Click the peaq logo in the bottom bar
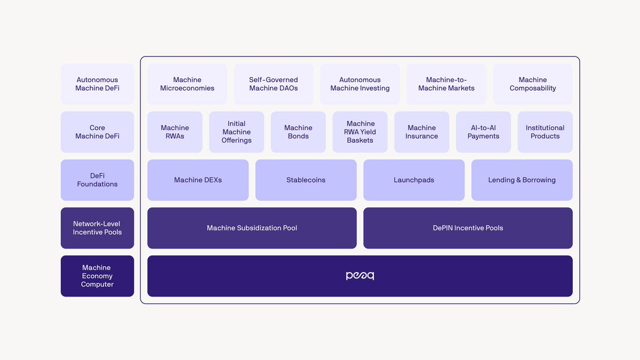click(x=360, y=276)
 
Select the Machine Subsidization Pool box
click(x=252, y=228)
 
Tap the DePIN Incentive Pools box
click(x=468, y=228)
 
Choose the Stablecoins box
click(x=306, y=180)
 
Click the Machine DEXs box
click(x=198, y=180)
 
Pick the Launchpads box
click(x=414, y=180)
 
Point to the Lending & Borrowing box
click(x=522, y=180)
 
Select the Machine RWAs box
click(x=175, y=132)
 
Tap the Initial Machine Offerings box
click(x=236, y=132)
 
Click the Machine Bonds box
click(x=298, y=132)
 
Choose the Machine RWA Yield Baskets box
click(x=360, y=132)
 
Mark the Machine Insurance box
click(x=422, y=132)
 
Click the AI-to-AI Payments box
click(x=483, y=132)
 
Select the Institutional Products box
click(x=545, y=132)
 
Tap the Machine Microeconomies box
click(x=187, y=84)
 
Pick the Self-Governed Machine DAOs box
click(x=274, y=84)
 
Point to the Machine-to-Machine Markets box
click(x=446, y=84)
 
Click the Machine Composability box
click(x=533, y=84)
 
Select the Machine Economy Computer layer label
click(x=97, y=276)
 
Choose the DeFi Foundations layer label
click(x=97, y=180)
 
